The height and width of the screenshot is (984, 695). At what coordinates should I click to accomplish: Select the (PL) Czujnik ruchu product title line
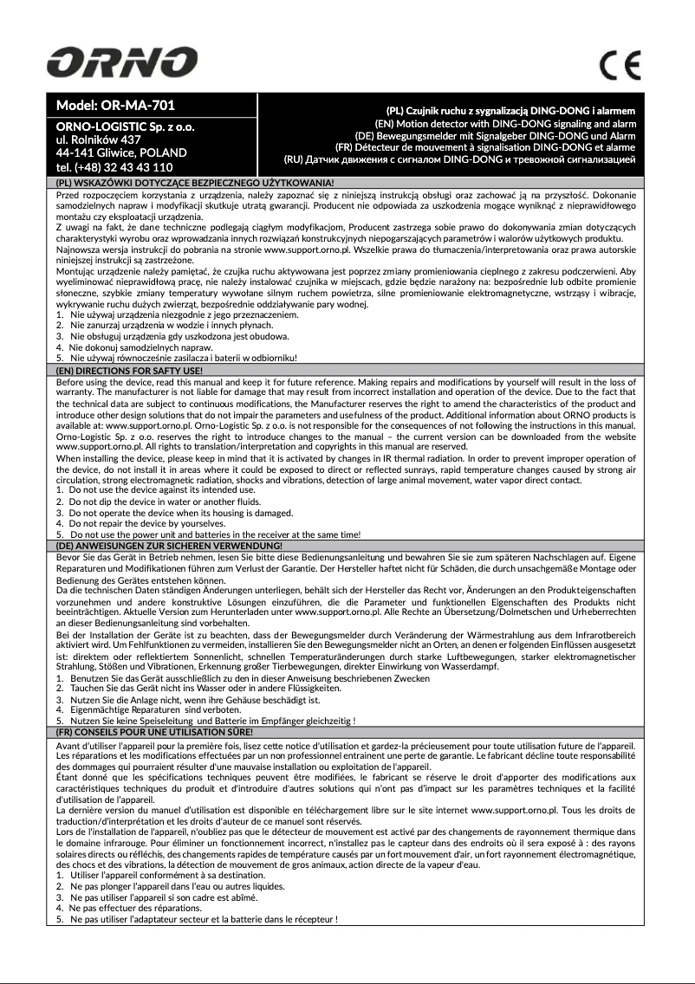510,112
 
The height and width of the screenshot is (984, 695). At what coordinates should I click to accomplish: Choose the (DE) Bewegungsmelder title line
495,136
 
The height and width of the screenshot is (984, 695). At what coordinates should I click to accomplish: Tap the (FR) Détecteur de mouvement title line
485,147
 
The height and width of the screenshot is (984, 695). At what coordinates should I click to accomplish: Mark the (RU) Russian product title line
460,159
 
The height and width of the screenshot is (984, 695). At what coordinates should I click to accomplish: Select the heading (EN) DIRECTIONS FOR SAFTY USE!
129,371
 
